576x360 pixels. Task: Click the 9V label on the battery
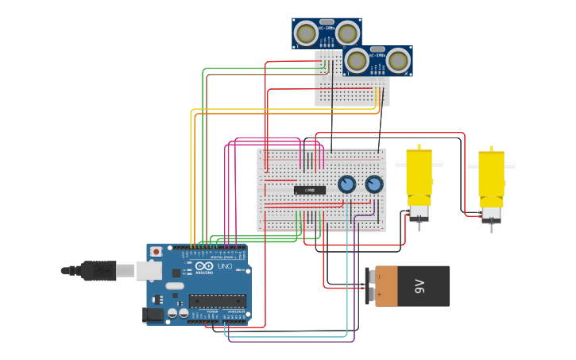pos(420,286)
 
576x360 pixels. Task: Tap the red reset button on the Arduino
pos(157,252)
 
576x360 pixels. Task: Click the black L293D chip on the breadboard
pos(310,190)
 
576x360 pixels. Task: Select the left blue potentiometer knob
pos(346,184)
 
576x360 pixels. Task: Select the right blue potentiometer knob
pos(374,184)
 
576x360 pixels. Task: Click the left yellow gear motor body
pos(419,175)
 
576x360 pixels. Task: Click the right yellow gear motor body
pos(491,176)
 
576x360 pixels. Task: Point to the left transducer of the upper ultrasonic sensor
pos(305,33)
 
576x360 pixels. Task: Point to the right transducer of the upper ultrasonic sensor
pos(347,33)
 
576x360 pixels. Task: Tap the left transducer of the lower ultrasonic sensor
pos(357,60)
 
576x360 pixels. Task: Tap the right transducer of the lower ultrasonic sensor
pos(398,60)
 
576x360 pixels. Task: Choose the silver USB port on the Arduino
pos(149,271)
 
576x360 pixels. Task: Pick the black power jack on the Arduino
pos(153,315)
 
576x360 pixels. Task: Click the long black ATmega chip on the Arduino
pos(217,301)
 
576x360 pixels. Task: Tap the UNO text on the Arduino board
pos(225,266)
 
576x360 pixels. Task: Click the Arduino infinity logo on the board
pos(204,266)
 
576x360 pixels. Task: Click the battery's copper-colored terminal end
pos(386,286)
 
